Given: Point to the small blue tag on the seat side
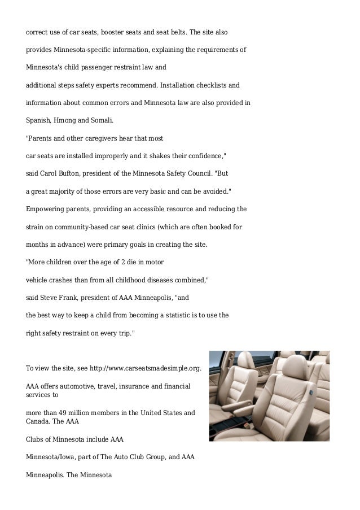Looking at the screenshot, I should (x=310, y=390).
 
